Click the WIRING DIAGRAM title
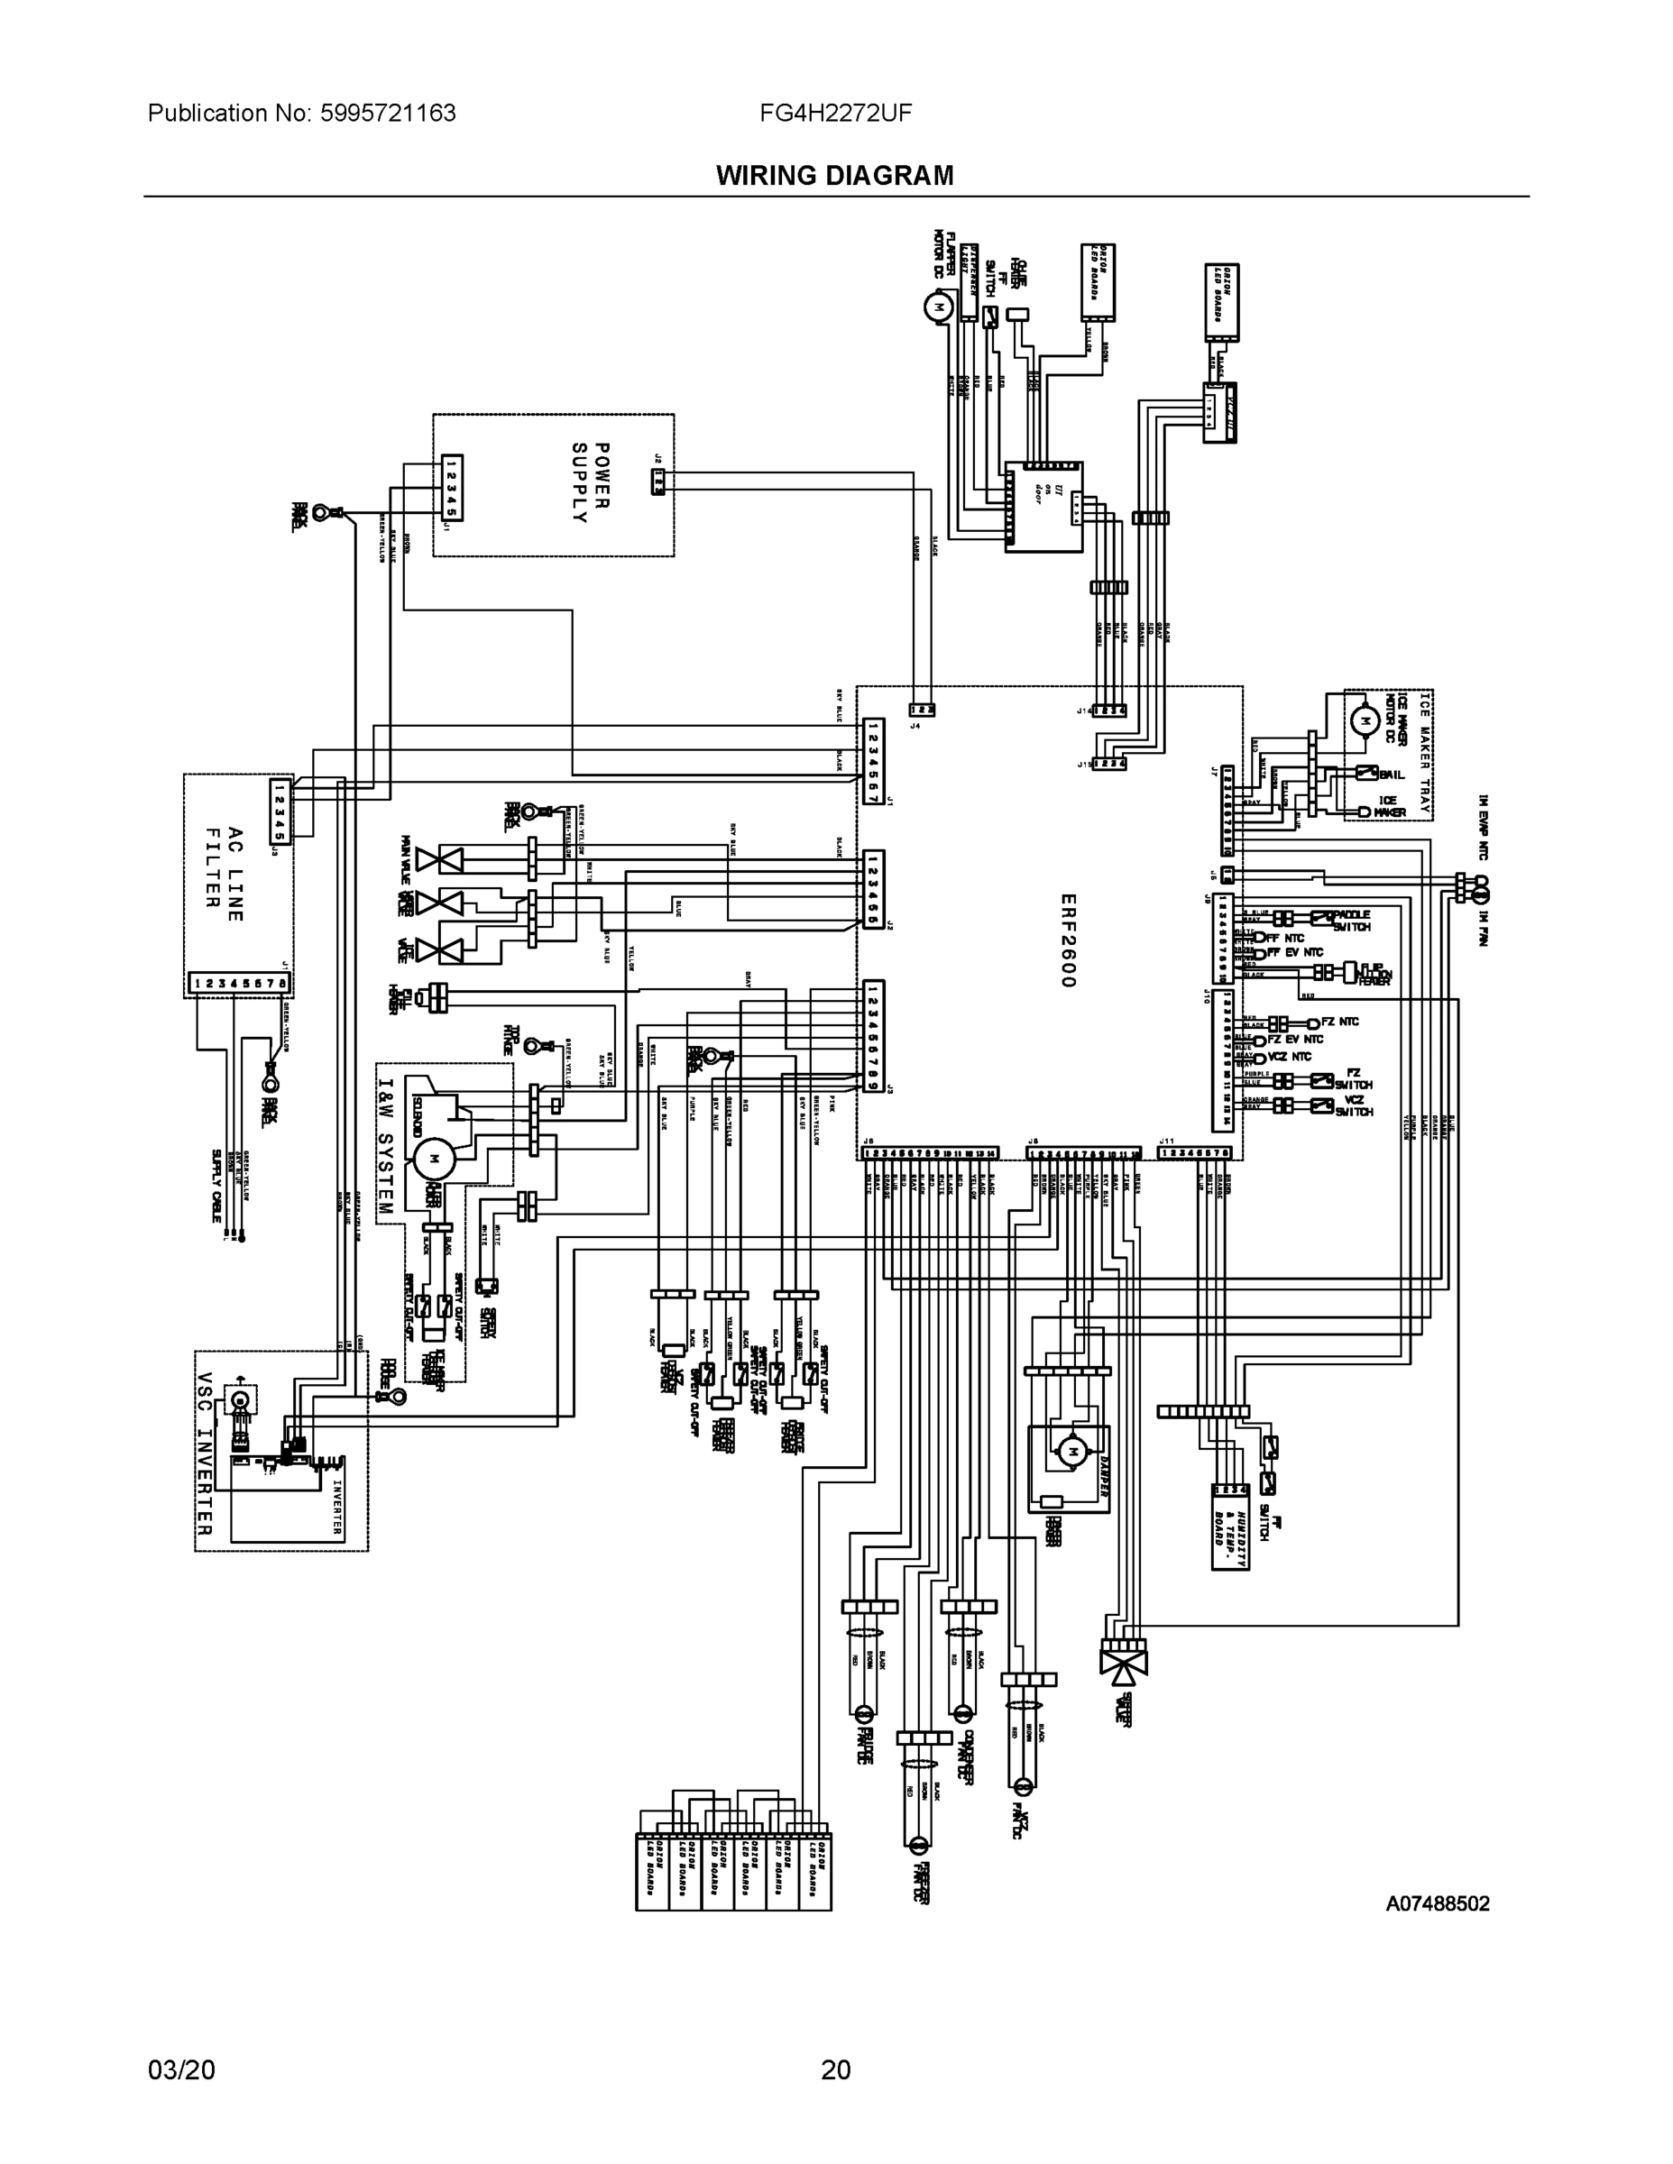coord(834,176)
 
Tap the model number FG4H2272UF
coord(835,113)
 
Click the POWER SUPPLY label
coord(590,483)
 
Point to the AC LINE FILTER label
coord(223,874)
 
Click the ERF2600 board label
coord(1066,940)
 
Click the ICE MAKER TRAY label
coord(1424,754)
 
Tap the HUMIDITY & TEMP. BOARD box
coord(1229,1526)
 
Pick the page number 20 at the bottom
coord(835,2070)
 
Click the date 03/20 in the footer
coord(180,2070)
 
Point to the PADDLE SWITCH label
coord(1352,921)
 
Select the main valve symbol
coord(438,859)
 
